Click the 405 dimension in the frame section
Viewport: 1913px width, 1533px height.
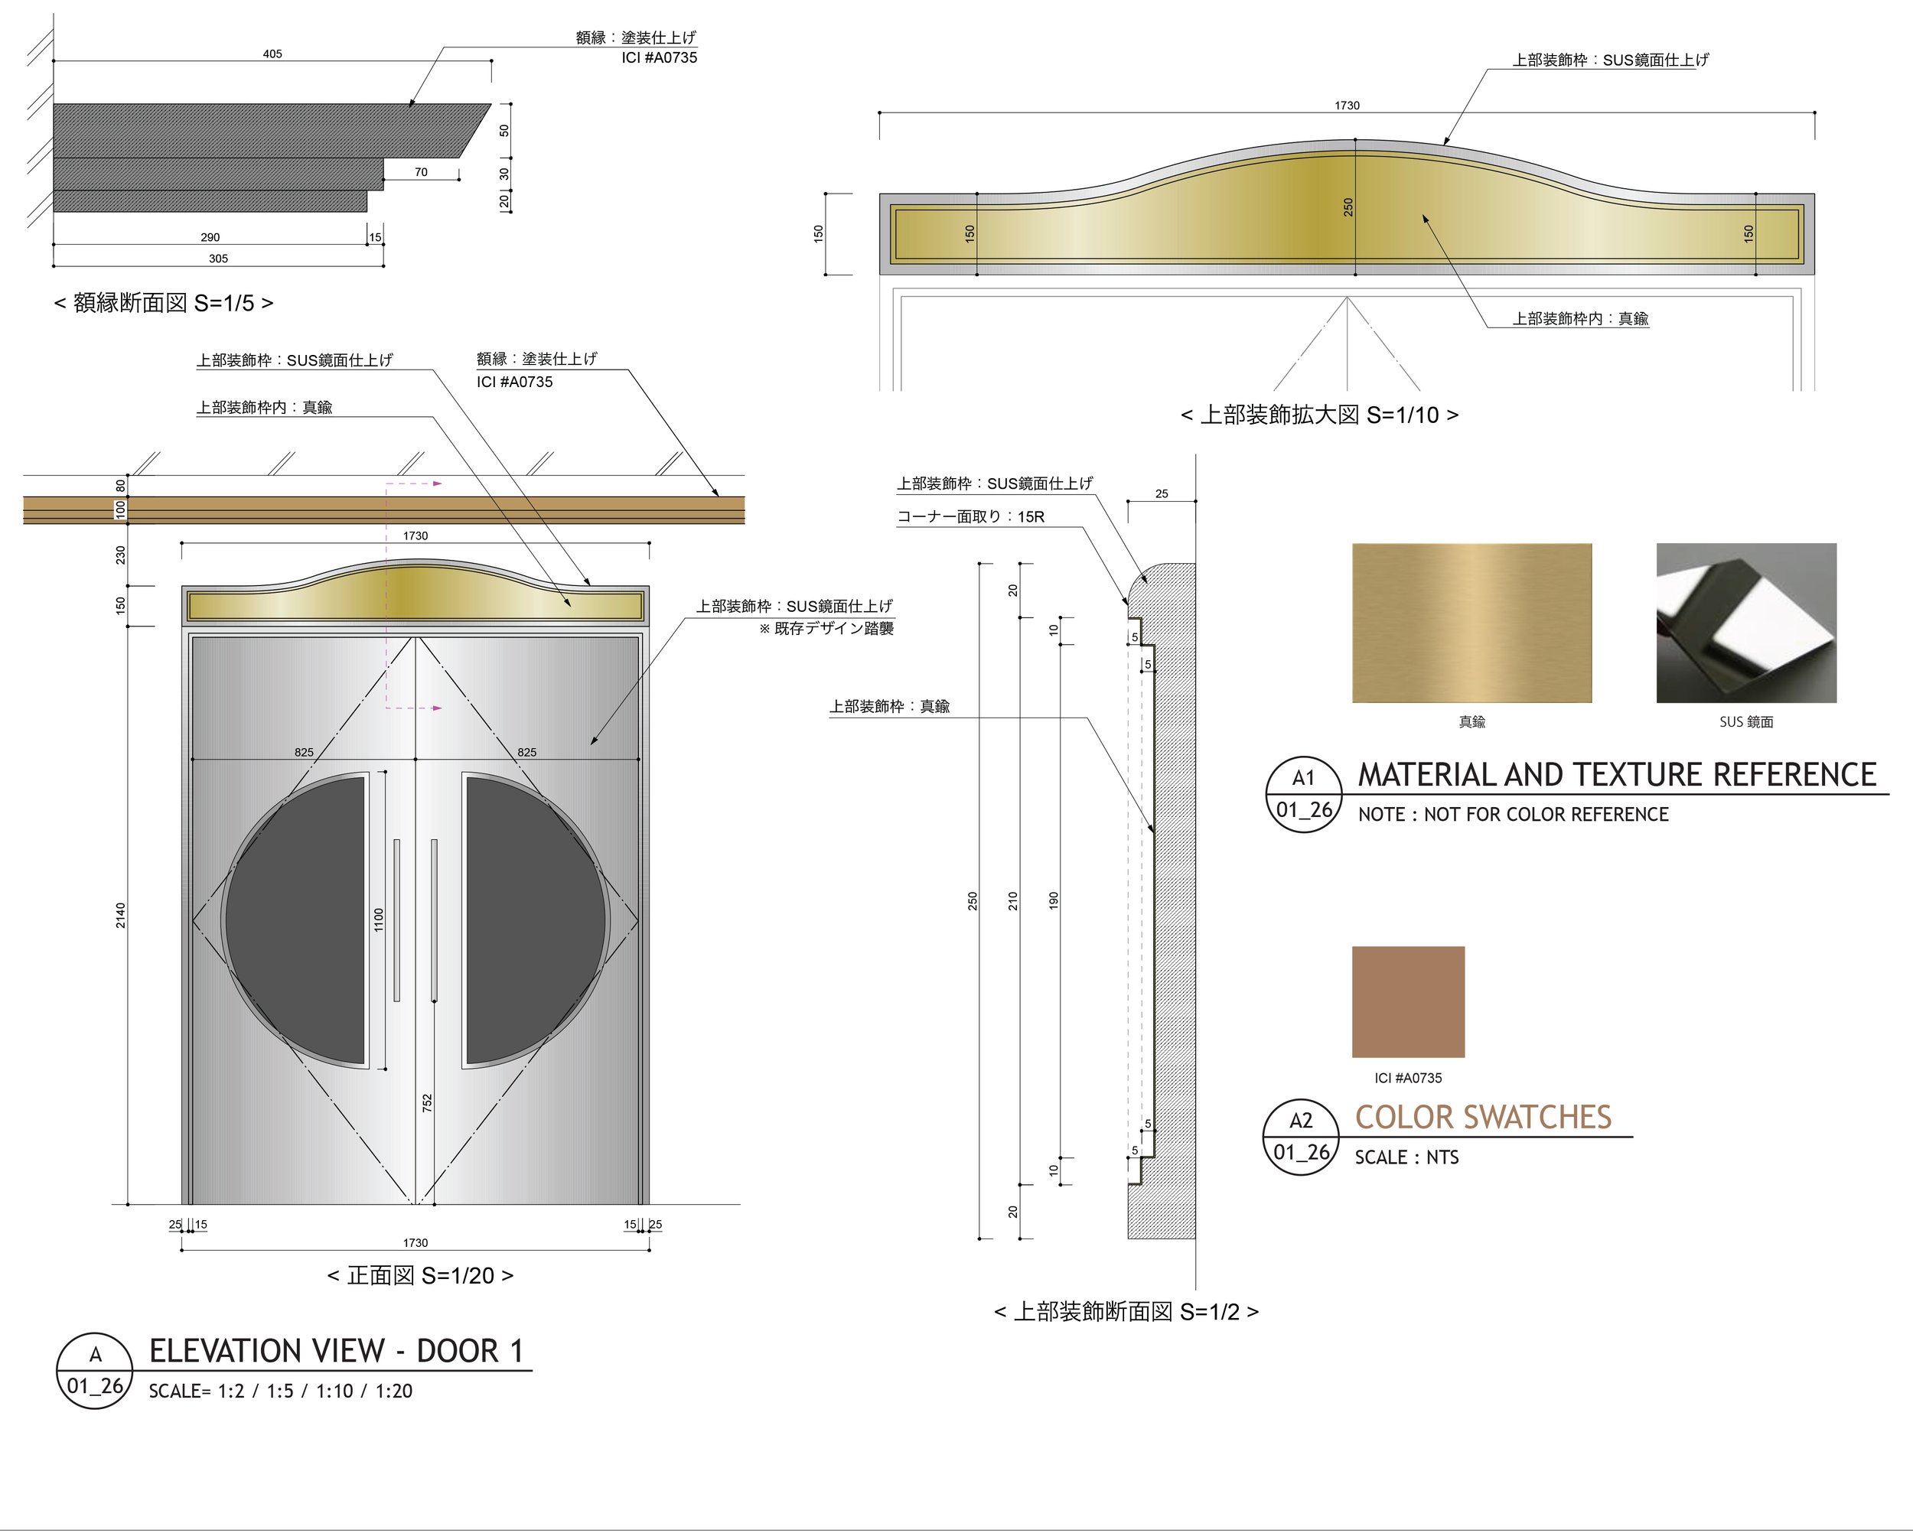tap(272, 54)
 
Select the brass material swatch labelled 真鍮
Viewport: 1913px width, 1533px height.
tap(1471, 623)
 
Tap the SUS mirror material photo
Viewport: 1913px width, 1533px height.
tap(1746, 623)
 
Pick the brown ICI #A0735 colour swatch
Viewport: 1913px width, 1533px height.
tap(1408, 1001)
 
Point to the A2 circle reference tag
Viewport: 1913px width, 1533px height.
tap(1301, 1137)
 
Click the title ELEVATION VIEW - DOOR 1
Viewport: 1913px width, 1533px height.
tap(336, 1351)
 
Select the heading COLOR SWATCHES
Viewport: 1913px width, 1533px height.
tap(1483, 1117)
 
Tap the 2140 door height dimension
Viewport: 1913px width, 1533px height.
tap(121, 916)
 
